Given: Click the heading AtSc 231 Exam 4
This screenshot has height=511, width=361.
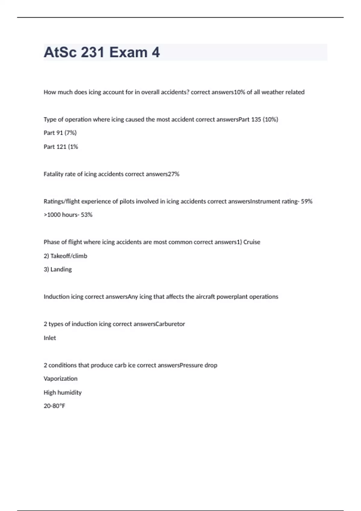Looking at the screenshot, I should pos(102,53).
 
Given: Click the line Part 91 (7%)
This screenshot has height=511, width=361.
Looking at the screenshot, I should pos(60,133).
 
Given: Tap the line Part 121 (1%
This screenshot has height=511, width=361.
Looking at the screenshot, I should pos(61,147).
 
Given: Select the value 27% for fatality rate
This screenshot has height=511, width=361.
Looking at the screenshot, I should pos(174,174).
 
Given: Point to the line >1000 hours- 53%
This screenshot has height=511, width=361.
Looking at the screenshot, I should pos(68,215).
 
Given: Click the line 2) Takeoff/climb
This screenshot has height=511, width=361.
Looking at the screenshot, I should pos(65,256).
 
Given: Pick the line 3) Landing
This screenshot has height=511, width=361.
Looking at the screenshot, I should pos(58,269).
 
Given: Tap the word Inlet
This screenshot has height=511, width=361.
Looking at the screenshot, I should pos(50,338).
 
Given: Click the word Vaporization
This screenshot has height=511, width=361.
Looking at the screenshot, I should pos(60,378).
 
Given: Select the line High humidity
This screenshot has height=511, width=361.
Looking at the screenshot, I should pos(63,392).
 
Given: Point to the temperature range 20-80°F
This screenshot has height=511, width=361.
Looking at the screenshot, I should pos(54,406).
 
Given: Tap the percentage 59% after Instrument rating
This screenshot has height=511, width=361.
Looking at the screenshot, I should pos(307,201).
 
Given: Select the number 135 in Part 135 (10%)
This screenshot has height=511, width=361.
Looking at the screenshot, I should pos(256,119).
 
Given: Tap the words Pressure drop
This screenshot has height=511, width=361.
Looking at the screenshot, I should pos(198,365).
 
